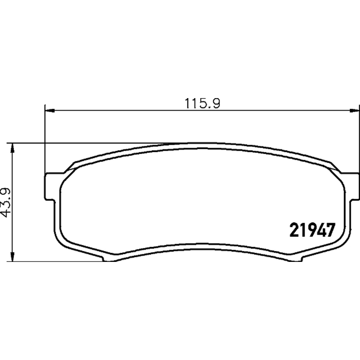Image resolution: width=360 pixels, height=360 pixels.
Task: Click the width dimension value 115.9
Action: (x=202, y=103)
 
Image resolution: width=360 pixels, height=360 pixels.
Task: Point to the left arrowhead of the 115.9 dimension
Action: (x=50, y=111)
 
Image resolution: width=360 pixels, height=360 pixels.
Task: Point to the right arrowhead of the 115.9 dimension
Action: (x=354, y=111)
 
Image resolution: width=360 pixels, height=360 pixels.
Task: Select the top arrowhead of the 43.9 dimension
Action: (x=13, y=148)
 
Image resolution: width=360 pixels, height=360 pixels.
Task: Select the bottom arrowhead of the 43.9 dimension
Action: (x=13, y=256)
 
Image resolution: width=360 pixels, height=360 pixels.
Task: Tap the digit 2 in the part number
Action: (x=294, y=230)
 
